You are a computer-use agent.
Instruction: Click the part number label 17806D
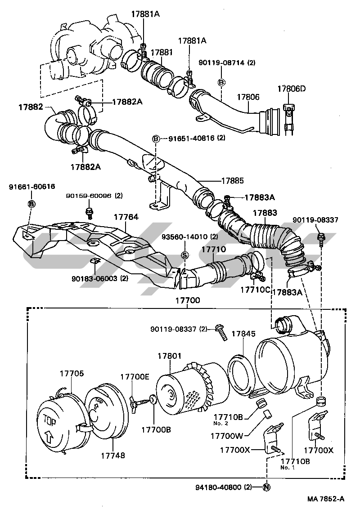click(x=291, y=89)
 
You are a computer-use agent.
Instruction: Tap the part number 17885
click(x=232, y=181)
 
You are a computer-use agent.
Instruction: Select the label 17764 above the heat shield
click(x=126, y=217)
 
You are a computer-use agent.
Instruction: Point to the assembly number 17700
click(x=188, y=300)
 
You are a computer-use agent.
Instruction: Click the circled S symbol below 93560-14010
click(x=184, y=255)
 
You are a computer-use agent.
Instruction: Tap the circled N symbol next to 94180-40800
click(x=266, y=487)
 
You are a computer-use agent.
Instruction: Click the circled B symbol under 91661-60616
click(x=31, y=204)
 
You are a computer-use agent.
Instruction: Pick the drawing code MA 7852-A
click(x=326, y=499)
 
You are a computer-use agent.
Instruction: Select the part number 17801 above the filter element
click(x=169, y=356)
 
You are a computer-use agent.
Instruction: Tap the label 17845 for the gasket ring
click(x=243, y=334)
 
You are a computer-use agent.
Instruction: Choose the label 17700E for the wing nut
click(x=134, y=377)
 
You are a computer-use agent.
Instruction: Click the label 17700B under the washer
click(x=156, y=429)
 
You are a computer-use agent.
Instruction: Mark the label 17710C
click(x=255, y=290)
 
